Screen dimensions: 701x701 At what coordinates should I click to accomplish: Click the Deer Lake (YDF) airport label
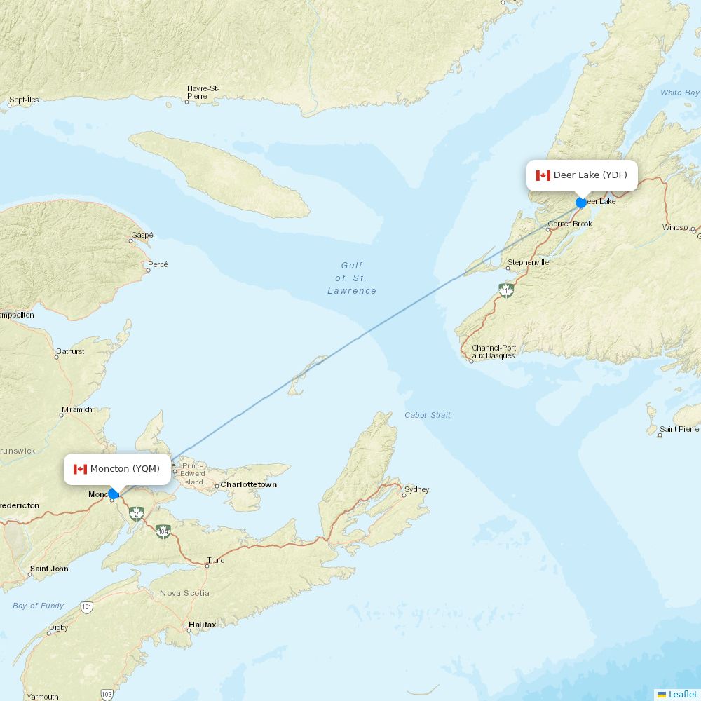590,175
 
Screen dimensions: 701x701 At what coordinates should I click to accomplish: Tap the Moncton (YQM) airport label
125,469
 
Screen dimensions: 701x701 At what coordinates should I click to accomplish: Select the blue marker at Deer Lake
581,203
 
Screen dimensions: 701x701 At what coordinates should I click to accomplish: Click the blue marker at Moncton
113,494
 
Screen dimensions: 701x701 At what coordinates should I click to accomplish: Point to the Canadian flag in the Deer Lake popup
543,175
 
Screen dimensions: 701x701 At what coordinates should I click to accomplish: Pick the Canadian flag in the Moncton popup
80,469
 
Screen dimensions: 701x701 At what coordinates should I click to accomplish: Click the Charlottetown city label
248,484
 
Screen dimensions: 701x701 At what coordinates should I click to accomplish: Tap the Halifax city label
202,624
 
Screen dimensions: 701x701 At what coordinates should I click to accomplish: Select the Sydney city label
417,489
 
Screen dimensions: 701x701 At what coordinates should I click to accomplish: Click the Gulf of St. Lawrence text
352,278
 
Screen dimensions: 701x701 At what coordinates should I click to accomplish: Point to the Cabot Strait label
428,415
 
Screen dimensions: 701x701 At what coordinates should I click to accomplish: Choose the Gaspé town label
142,236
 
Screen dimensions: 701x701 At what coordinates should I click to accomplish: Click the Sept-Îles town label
24,100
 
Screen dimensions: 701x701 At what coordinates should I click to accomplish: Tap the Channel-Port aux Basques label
494,352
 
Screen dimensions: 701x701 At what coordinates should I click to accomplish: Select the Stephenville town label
529,262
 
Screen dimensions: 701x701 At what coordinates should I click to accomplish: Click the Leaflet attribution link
682,694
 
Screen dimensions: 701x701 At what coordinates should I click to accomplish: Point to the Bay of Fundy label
39,606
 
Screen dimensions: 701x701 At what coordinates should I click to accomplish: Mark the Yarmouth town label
42,697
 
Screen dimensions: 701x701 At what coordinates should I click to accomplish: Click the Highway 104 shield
163,532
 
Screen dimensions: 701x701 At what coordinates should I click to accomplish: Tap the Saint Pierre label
679,429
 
